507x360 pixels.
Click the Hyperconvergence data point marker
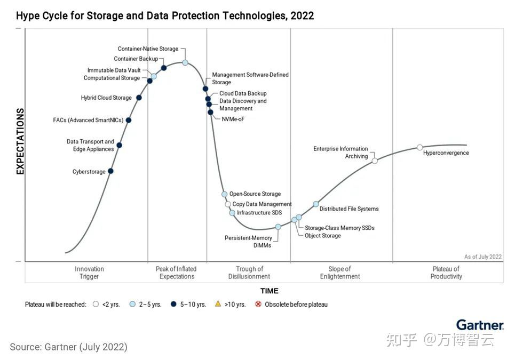[419, 147]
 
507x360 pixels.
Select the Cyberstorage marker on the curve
[110, 171]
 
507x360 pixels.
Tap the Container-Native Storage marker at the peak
[185, 62]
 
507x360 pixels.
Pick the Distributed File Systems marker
[316, 204]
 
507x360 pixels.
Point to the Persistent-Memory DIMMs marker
[278, 227]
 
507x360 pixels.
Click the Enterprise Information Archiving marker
[375, 161]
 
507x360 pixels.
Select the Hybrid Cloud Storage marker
[139, 98]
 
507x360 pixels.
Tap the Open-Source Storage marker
[225, 194]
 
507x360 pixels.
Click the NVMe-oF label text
[233, 119]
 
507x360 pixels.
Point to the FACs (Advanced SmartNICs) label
[88, 120]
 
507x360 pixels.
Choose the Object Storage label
[322, 236]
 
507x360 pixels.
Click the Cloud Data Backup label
[243, 93]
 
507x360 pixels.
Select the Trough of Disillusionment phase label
[249, 273]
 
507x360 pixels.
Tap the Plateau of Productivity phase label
[446, 273]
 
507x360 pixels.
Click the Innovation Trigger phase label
[89, 273]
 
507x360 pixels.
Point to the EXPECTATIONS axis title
[20, 141]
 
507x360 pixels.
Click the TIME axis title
[269, 291]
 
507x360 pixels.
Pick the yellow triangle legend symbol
[218, 304]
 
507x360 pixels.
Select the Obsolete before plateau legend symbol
[258, 305]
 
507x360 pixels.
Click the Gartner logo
[480, 325]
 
